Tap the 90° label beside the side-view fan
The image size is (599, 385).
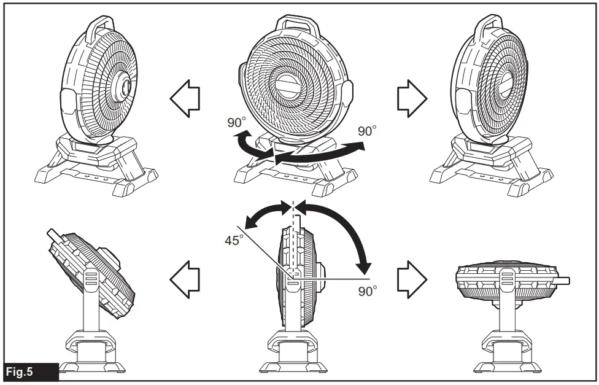(x=368, y=291)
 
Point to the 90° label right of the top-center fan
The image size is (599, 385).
(x=367, y=131)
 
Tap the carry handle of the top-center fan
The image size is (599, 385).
(x=299, y=25)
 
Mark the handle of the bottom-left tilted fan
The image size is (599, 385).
(x=53, y=235)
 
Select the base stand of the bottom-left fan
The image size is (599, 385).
(x=91, y=356)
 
